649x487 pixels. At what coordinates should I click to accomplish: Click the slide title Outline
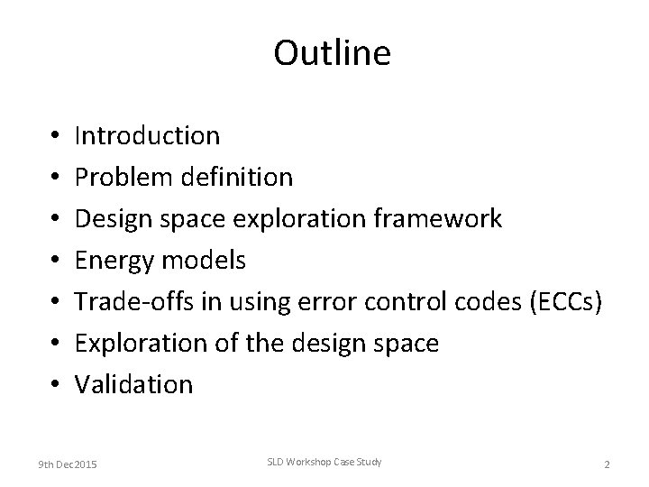[x=332, y=54]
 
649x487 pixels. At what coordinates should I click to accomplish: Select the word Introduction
[x=147, y=135]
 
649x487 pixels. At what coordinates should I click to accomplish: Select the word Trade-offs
[x=134, y=301]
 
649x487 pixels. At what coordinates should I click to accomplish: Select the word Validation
[x=133, y=384]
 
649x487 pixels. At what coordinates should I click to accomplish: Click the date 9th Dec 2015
[x=68, y=464]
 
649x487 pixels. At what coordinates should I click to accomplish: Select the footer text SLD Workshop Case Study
[x=324, y=463]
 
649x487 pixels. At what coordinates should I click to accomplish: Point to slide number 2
[x=607, y=464]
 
